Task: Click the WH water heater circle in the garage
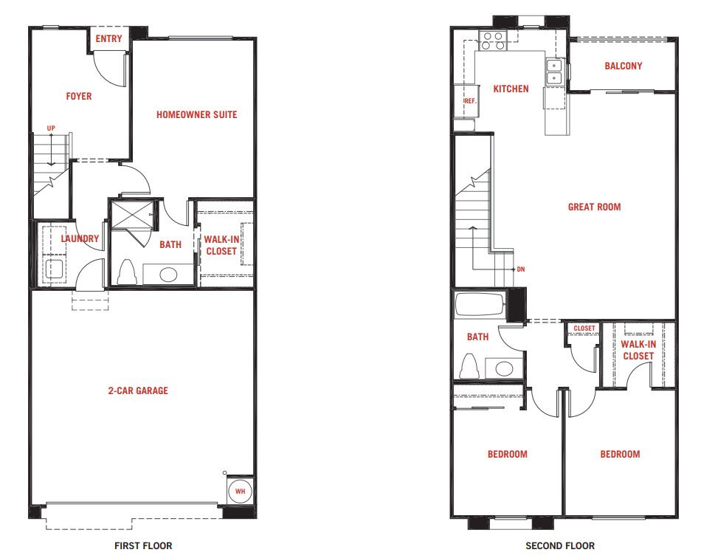(x=240, y=492)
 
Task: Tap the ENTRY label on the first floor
(x=108, y=39)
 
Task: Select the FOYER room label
(x=79, y=96)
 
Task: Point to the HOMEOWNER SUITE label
(x=197, y=114)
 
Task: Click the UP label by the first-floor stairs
(x=51, y=128)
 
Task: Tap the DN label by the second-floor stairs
(x=521, y=269)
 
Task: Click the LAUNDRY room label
(x=80, y=238)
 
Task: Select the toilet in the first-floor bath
(x=126, y=272)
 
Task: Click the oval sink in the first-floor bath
(x=168, y=274)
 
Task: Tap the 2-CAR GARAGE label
(x=138, y=390)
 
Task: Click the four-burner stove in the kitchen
(x=493, y=41)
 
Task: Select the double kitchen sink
(x=554, y=72)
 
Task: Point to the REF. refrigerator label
(x=470, y=101)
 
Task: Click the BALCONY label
(x=624, y=66)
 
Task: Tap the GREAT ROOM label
(x=594, y=207)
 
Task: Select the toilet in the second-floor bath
(x=469, y=366)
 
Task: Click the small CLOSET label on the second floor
(x=584, y=328)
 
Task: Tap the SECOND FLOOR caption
(x=560, y=546)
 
